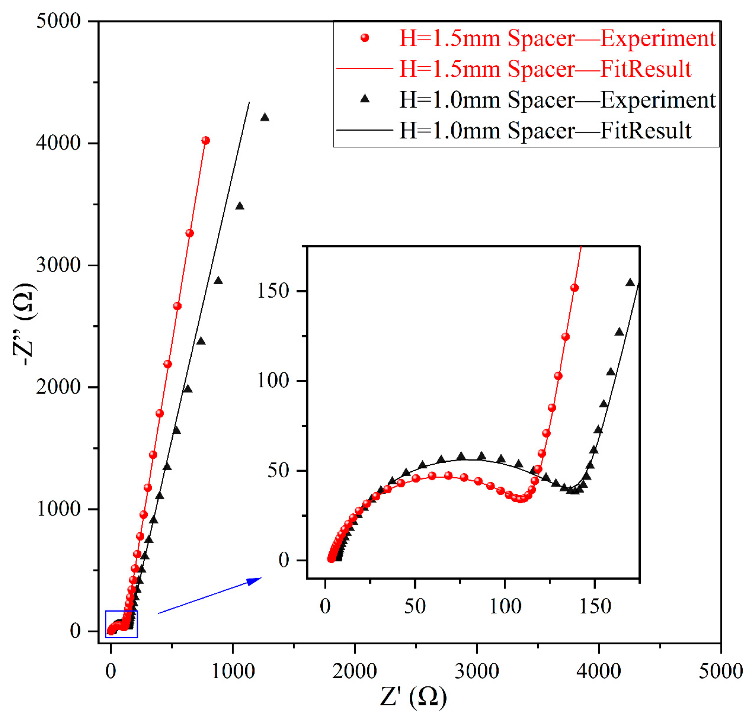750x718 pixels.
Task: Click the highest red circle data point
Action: (205, 140)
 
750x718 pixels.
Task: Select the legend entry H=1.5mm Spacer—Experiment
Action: (557, 38)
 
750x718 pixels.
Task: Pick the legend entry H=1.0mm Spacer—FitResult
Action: (545, 131)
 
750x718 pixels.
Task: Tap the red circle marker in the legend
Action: (365, 38)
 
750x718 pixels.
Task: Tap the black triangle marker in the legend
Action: (365, 99)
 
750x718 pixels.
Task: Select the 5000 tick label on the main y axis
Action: (58, 21)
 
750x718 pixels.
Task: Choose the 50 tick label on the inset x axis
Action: (415, 606)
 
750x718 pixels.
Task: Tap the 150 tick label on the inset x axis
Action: (595, 606)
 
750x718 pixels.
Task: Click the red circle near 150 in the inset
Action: (574, 288)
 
